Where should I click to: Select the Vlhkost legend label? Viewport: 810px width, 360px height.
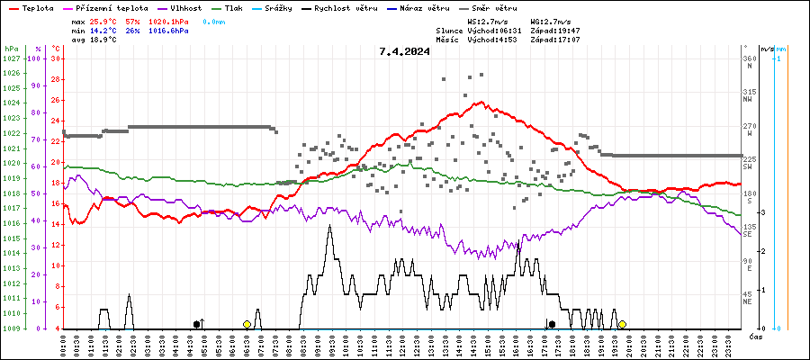coord(185,7)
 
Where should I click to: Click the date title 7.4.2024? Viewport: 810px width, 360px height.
coord(404,51)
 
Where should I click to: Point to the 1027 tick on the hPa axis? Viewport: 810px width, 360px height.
coord(11,58)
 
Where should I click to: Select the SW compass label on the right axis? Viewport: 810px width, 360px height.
coord(748,166)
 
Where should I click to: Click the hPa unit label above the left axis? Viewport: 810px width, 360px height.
coord(11,48)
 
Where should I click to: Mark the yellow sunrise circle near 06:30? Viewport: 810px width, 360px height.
coord(247,324)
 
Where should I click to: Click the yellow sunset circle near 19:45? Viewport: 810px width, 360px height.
coord(622,324)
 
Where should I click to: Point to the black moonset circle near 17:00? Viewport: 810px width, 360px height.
coord(552,324)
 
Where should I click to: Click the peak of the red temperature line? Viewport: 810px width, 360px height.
coord(483,102)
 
